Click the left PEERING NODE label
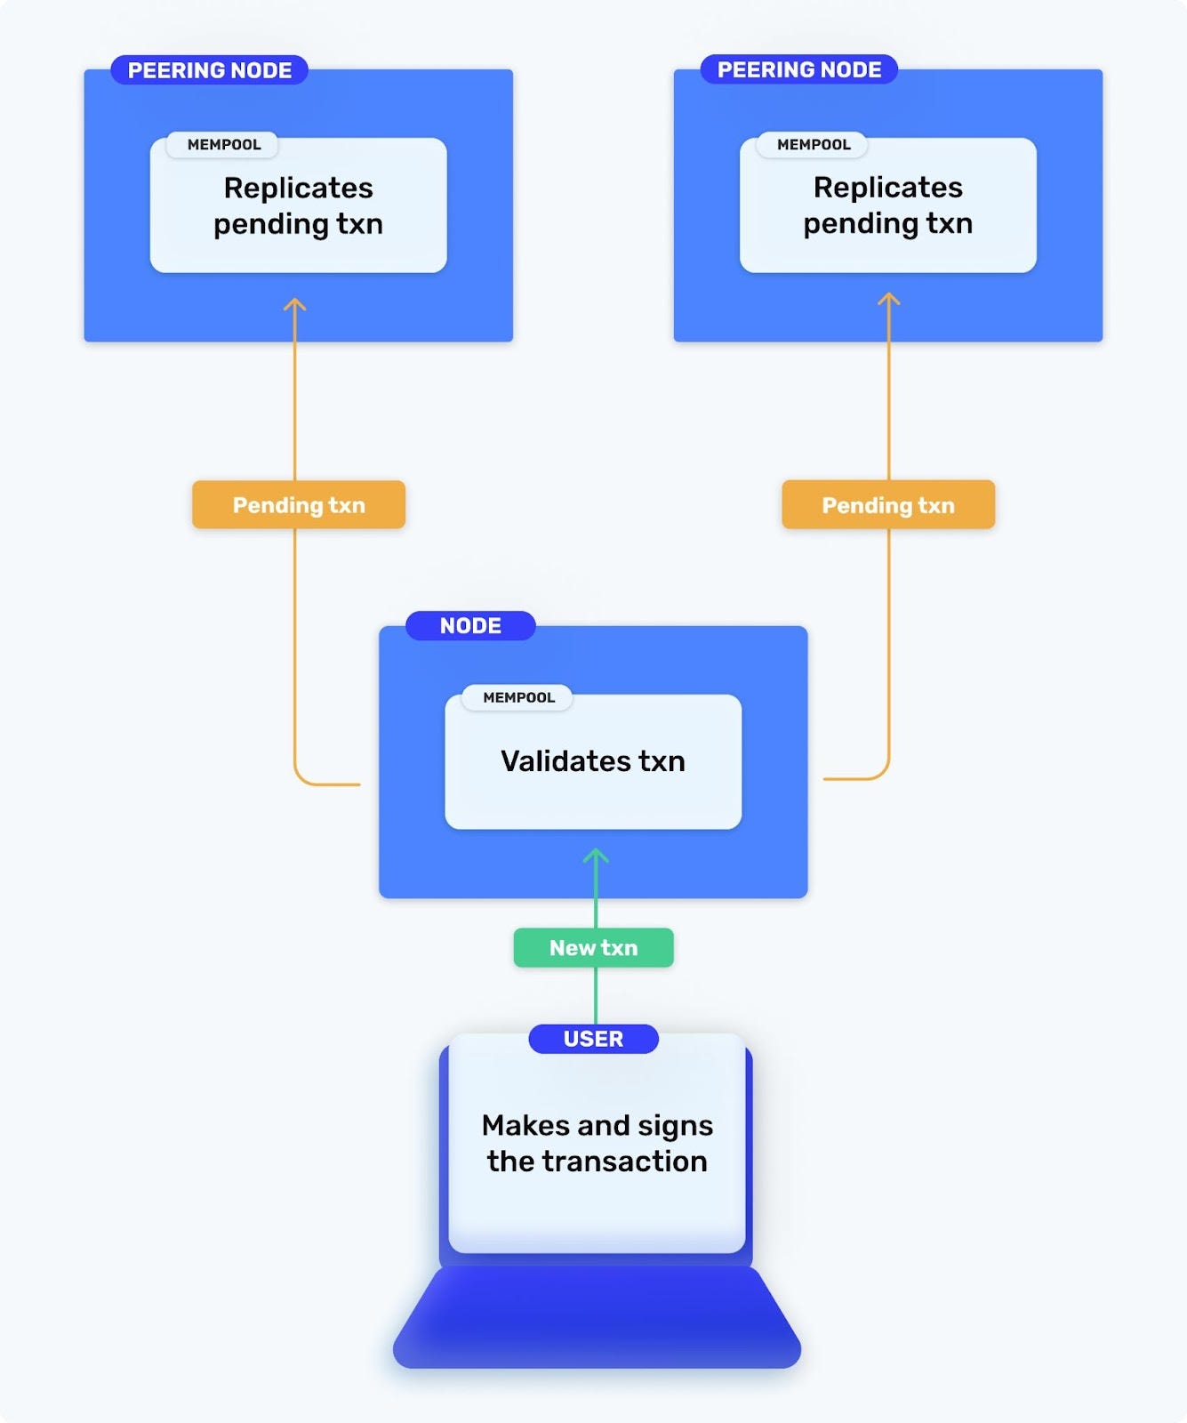[x=209, y=70]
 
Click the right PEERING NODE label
[x=798, y=69]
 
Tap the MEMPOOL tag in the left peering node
[x=223, y=144]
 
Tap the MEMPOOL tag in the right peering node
[x=813, y=144]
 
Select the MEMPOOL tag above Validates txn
[x=518, y=697]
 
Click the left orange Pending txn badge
[x=299, y=505]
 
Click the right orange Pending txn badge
[x=887, y=505]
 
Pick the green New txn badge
[x=593, y=948]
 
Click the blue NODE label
[x=470, y=625]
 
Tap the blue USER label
[x=593, y=1039]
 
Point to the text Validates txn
[x=593, y=761]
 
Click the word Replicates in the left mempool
[x=299, y=188]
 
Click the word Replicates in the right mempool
[x=887, y=187]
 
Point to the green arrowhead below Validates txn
[x=596, y=856]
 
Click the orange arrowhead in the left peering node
[x=294, y=305]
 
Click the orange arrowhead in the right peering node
[x=888, y=300]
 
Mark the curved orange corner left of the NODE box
[x=303, y=776]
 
